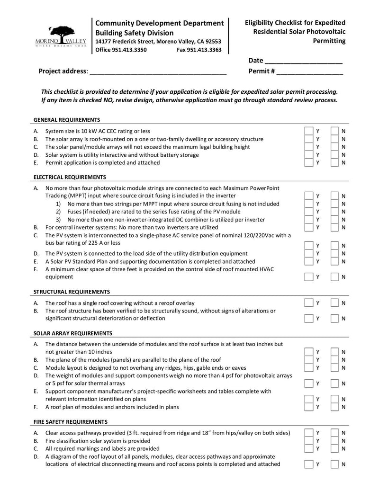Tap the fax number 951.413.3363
coord(199,50)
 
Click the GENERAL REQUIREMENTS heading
coord(67,120)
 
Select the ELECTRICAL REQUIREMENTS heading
coord(70,177)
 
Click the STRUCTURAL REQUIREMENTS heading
coord(72,292)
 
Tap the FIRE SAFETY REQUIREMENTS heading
coord(71,421)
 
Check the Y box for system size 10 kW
coord(308,131)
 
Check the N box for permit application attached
coord(334,162)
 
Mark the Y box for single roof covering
coord(308,303)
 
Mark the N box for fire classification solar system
coord(334,440)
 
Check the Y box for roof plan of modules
coord(308,407)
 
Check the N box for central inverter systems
coord(334,227)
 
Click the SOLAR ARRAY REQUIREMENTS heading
coord(73,333)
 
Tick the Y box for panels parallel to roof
coord(308,360)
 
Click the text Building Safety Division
coord(135,33)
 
